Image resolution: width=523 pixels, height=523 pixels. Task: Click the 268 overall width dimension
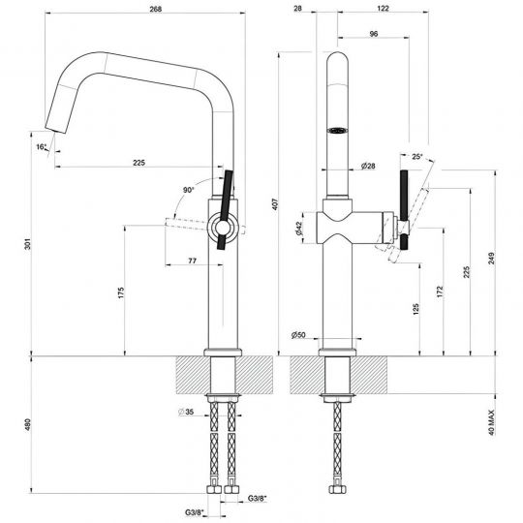pos(155,9)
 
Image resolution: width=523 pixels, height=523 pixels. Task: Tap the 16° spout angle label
pos(42,147)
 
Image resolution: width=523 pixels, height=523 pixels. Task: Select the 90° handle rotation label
pos(189,190)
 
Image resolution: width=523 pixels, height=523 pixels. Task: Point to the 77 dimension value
pos(193,261)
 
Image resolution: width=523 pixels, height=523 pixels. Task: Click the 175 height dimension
pos(121,292)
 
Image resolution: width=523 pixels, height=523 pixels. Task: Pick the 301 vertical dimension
pos(28,244)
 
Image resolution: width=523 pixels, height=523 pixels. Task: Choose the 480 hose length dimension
pos(28,424)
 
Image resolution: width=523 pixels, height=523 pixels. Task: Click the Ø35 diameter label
pos(186,412)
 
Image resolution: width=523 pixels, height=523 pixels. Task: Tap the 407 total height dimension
pos(275,204)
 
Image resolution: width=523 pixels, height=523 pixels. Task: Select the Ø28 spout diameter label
pos(368,166)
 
